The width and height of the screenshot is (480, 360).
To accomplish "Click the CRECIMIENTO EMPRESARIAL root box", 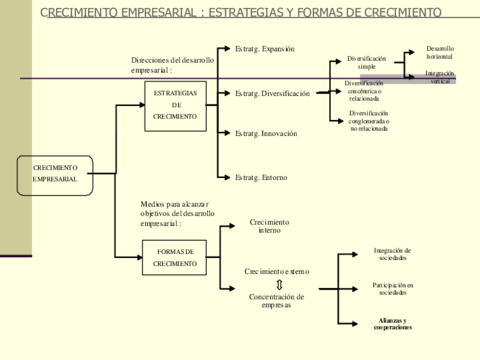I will (x=55, y=174).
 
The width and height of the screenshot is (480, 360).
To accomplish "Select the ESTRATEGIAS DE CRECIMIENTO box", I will (x=175, y=104).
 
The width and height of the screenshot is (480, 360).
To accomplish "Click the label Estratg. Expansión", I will (x=264, y=48).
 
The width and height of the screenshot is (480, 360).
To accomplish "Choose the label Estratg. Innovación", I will (x=266, y=133).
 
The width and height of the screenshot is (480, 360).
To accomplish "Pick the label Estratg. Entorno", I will (x=261, y=177).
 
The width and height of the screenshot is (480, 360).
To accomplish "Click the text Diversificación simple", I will (x=367, y=62).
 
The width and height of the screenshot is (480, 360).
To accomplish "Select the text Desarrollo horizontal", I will (x=440, y=51).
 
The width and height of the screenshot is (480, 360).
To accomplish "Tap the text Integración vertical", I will (x=440, y=76).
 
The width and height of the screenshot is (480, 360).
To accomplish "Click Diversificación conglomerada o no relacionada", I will (x=369, y=121).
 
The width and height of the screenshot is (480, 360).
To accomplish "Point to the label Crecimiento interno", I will (x=269, y=225).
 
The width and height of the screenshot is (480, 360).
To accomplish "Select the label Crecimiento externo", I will (x=277, y=271).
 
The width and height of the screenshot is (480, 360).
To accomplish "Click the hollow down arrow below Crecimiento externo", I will (x=279, y=284).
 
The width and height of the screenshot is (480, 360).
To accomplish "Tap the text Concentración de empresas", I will (x=276, y=300).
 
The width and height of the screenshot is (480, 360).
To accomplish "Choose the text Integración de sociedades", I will (x=393, y=254).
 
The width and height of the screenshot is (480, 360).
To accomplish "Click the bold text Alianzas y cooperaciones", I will (x=393, y=323).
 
